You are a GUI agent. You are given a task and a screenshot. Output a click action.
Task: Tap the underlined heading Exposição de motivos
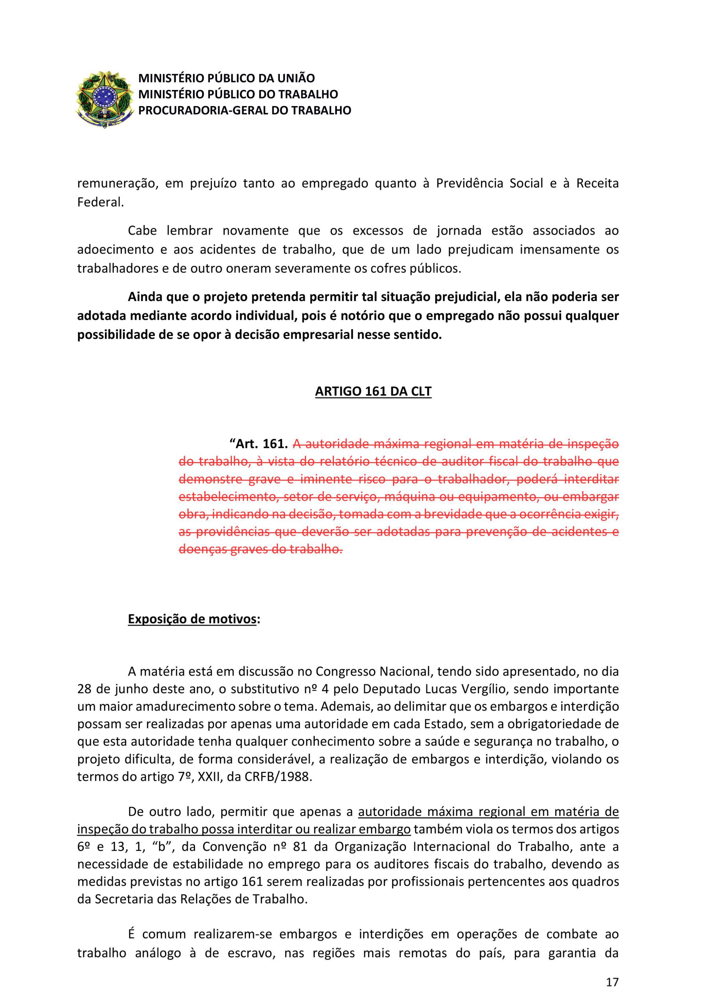tap(191, 619)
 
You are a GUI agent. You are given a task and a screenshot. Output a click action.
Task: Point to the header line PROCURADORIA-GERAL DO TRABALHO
tap(244, 110)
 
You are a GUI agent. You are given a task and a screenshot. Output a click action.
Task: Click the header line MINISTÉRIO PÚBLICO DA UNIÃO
tap(227, 79)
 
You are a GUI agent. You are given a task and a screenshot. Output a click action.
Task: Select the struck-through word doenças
tap(200, 549)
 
